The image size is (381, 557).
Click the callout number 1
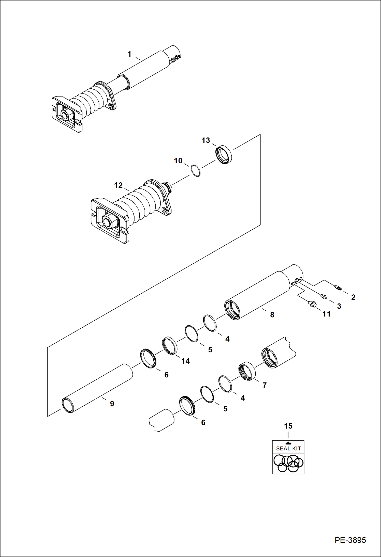click(x=129, y=54)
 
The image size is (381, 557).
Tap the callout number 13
click(x=206, y=140)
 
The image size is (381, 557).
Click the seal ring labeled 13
click(x=224, y=154)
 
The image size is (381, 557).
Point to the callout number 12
click(x=118, y=185)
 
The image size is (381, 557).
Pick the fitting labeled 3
click(x=324, y=296)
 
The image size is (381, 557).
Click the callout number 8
click(x=272, y=315)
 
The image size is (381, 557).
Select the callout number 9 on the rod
click(x=112, y=404)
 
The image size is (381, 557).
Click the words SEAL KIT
click(x=288, y=449)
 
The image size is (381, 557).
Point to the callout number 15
click(x=288, y=426)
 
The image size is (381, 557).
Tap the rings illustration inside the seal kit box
click(x=288, y=463)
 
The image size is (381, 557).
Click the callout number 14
click(x=185, y=361)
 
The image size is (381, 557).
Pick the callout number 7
click(x=265, y=385)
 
